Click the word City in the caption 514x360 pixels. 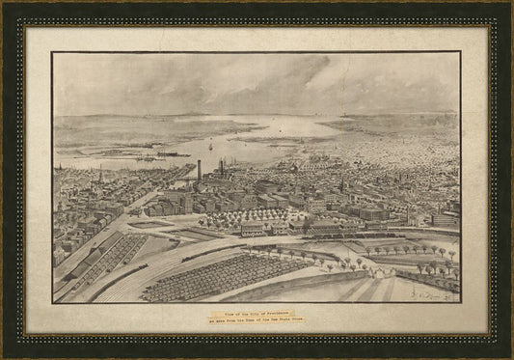point(250,312)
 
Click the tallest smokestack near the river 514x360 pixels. point(199,171)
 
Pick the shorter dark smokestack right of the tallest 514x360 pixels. point(221,168)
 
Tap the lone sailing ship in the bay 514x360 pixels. point(210,147)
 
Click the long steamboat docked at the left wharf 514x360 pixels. point(164,154)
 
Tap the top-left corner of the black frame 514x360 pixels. point(6,6)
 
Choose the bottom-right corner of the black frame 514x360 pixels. point(508,354)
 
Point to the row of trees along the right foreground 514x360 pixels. point(405,250)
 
